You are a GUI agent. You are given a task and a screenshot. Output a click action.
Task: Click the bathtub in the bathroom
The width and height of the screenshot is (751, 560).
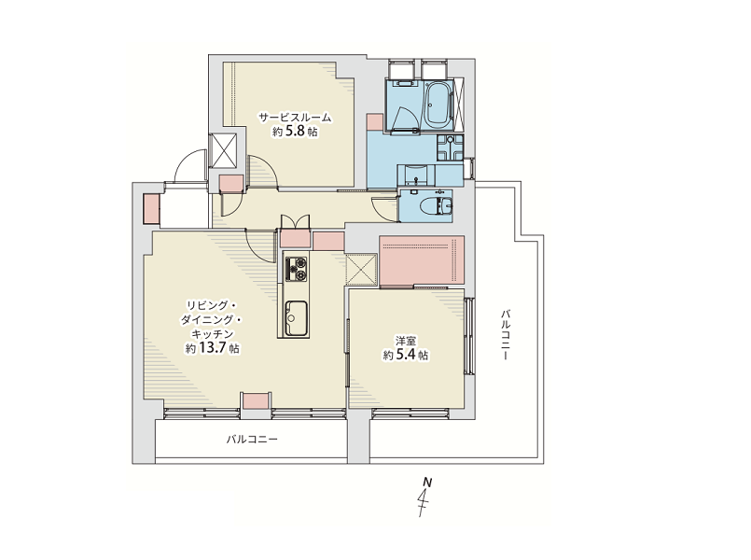tap(438, 104)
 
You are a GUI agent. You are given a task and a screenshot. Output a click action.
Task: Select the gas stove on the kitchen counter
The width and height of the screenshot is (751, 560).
tap(296, 269)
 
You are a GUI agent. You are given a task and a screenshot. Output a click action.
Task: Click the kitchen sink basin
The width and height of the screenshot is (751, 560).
tap(296, 318)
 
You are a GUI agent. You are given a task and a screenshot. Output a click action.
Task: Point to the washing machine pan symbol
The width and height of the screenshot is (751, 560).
tap(450, 147)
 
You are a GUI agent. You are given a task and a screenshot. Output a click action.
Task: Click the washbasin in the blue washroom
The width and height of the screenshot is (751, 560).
tap(416, 175)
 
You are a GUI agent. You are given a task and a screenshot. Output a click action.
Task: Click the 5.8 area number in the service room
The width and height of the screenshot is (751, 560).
tap(295, 132)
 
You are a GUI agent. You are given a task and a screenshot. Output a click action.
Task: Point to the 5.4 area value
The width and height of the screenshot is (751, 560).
tap(406, 355)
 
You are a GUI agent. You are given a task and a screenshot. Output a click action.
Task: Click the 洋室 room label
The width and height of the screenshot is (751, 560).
tap(406, 341)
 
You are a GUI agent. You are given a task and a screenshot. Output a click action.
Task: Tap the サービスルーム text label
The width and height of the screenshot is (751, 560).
tap(296, 117)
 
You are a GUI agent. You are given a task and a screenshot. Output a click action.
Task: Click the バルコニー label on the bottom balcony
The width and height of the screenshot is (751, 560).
tap(252, 439)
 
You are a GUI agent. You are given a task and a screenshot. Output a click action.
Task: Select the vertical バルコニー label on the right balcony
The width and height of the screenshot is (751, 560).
tap(506, 334)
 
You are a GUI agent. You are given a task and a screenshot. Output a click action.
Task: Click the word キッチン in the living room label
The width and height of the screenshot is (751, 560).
tap(212, 334)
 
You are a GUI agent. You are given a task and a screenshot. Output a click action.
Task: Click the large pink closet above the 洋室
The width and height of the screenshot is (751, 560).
tap(422, 260)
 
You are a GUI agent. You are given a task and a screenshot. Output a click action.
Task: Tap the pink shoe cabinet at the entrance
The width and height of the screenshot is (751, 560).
tap(151, 208)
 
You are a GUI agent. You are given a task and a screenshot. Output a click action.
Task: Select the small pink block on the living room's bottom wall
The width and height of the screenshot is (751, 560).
tap(256, 400)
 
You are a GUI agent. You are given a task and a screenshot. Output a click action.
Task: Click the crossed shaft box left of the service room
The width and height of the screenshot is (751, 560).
tap(224, 150)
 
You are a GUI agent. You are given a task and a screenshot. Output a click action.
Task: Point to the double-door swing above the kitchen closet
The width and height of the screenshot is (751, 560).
tap(295, 224)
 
